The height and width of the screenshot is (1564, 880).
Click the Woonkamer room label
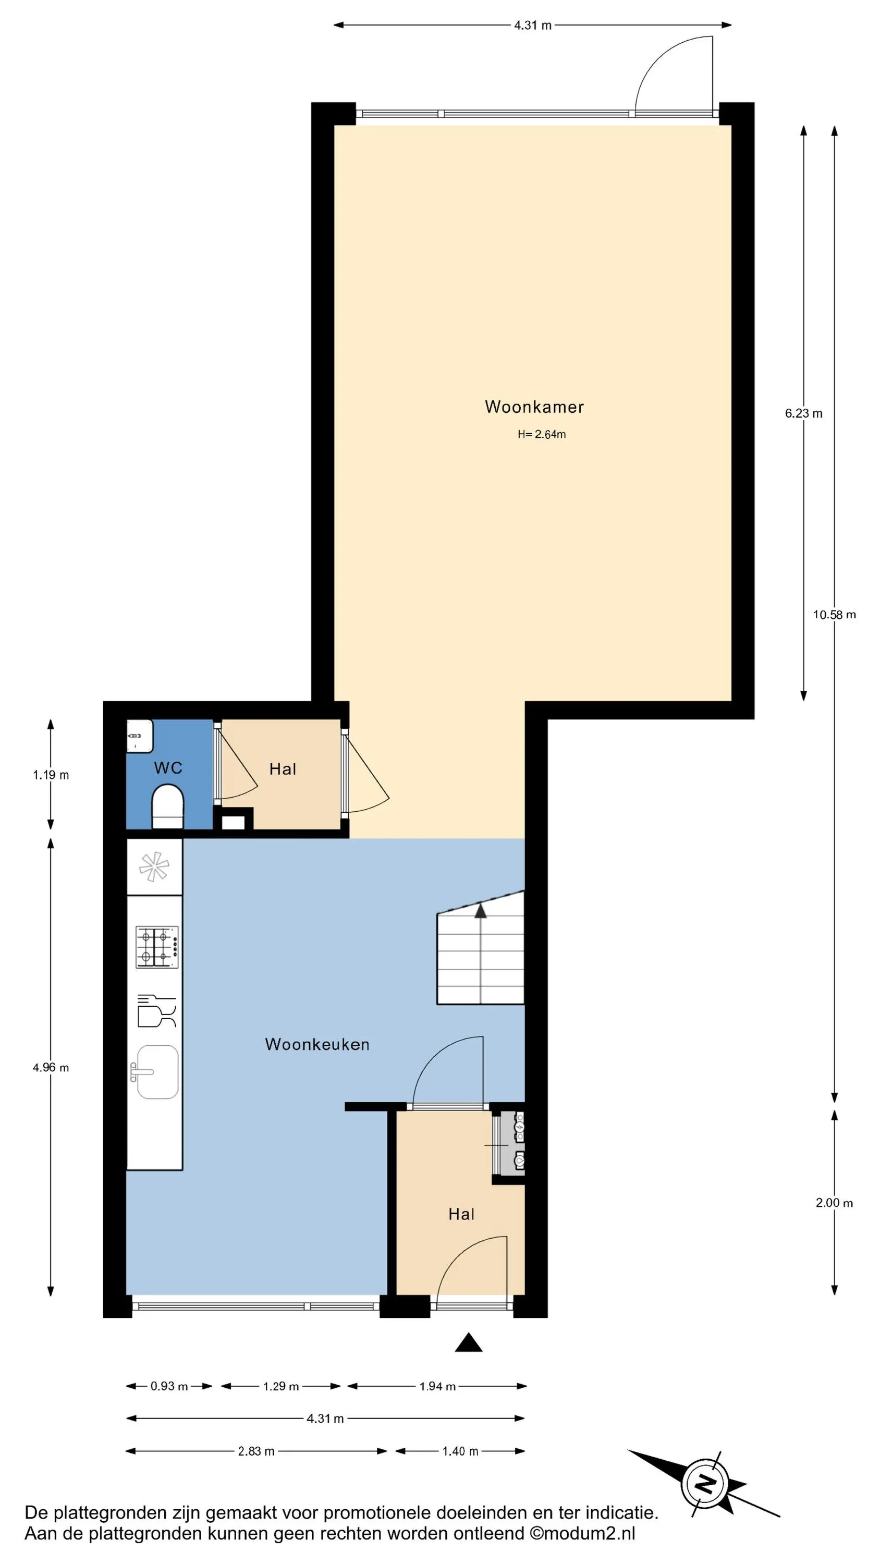point(534,407)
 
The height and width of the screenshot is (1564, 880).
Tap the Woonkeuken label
point(317,1044)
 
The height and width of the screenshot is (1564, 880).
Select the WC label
point(168,768)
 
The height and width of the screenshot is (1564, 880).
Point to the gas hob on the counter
point(157,947)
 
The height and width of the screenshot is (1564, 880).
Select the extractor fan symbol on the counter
point(154,867)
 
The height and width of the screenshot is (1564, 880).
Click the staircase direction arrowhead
point(480,910)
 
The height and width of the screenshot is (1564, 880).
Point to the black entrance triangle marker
point(468,1342)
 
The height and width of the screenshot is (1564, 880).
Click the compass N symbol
point(704,1484)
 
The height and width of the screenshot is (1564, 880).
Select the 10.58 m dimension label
point(835,615)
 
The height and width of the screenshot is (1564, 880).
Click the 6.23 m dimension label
point(803,413)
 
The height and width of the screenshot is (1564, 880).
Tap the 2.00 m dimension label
point(834,1203)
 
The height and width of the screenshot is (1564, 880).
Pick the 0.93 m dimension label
point(169,1386)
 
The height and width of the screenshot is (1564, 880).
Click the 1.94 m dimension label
point(437,1386)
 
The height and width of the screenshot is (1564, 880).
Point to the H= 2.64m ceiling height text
point(542,434)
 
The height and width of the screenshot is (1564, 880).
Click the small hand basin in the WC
point(139,736)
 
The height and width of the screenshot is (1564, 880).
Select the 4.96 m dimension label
point(51,1067)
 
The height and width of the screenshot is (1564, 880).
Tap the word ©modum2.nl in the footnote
point(582,1534)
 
